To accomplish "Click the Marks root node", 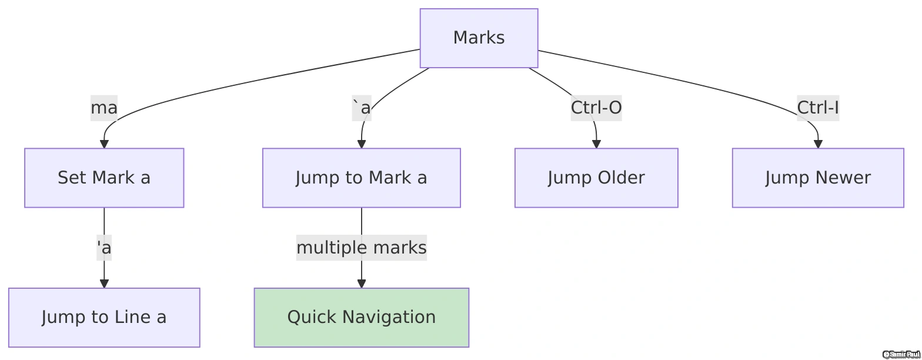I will (479, 38).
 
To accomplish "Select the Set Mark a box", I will (104, 178).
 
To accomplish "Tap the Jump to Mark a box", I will (361, 178).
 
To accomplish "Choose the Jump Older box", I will (596, 178).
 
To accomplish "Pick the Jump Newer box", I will (817, 178).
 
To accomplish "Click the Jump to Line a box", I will (104, 318).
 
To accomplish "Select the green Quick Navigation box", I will (361, 318).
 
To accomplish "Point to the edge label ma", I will (104, 108).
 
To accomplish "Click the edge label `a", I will (361, 108).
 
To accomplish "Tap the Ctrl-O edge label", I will (596, 108).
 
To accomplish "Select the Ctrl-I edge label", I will (817, 108).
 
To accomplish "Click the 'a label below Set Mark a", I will (104, 248).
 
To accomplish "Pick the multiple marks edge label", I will (361, 248).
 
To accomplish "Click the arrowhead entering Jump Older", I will (596, 144).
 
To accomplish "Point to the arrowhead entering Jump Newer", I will (817, 144).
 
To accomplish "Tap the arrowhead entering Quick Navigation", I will (361, 284).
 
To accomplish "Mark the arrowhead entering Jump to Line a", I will (104, 284).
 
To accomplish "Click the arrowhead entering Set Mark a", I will (104, 144).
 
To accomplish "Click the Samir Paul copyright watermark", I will (901, 354).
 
